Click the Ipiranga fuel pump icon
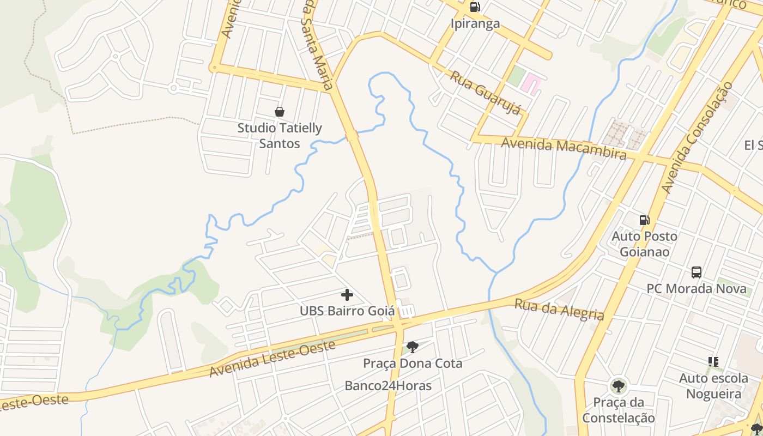coord(475,7)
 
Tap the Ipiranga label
coord(475,23)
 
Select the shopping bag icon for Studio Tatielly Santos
coord(280,112)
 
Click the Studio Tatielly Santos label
coord(280,136)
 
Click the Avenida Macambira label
coord(564,148)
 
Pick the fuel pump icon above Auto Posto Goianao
coord(644,220)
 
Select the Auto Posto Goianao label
coord(644,244)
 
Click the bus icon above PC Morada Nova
coord(696,272)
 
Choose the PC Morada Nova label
coord(696,288)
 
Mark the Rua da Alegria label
coord(559,310)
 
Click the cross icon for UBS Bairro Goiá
coord(347,295)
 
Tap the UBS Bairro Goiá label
coord(347,311)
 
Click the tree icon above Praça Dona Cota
coord(413,347)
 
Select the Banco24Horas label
coord(388,386)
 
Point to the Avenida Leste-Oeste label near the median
coord(272,359)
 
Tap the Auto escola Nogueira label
coord(713,386)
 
